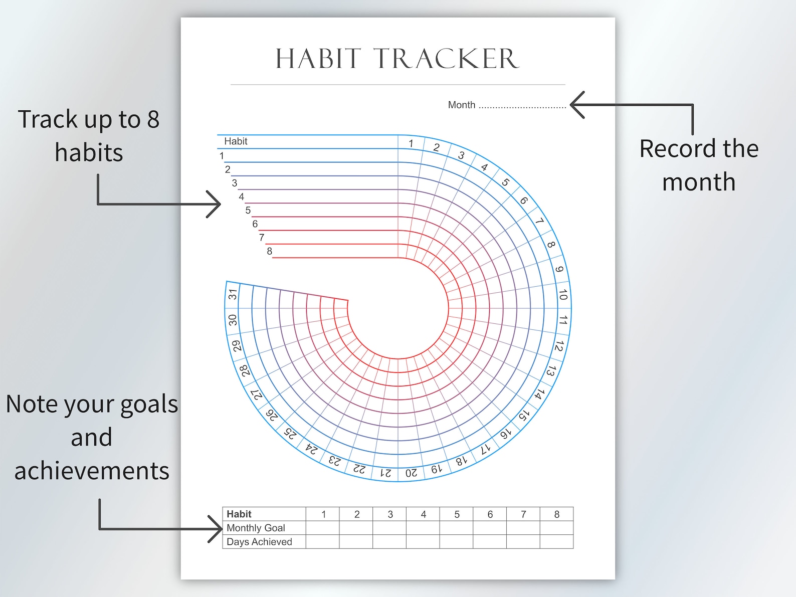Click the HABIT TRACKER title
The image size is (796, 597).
click(397, 59)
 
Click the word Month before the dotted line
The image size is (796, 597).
click(461, 105)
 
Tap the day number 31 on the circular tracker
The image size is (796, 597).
click(233, 294)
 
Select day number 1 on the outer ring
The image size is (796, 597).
click(411, 143)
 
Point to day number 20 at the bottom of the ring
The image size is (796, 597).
click(411, 473)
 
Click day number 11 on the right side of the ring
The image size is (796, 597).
click(563, 320)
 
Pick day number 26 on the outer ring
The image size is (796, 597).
click(271, 415)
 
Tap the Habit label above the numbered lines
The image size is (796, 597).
click(236, 141)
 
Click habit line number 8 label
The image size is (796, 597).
click(269, 251)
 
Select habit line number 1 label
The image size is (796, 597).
click(222, 156)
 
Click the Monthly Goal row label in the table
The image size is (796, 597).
click(256, 528)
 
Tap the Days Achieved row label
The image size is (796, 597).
click(259, 542)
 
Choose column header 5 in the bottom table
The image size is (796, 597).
click(457, 514)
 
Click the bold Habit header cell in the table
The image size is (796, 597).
click(239, 514)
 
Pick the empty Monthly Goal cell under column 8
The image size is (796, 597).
click(556, 528)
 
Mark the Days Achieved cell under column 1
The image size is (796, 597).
click(323, 542)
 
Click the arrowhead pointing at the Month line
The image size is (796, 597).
click(576, 105)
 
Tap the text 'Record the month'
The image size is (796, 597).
click(699, 165)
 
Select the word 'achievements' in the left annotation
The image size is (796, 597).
click(92, 471)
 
